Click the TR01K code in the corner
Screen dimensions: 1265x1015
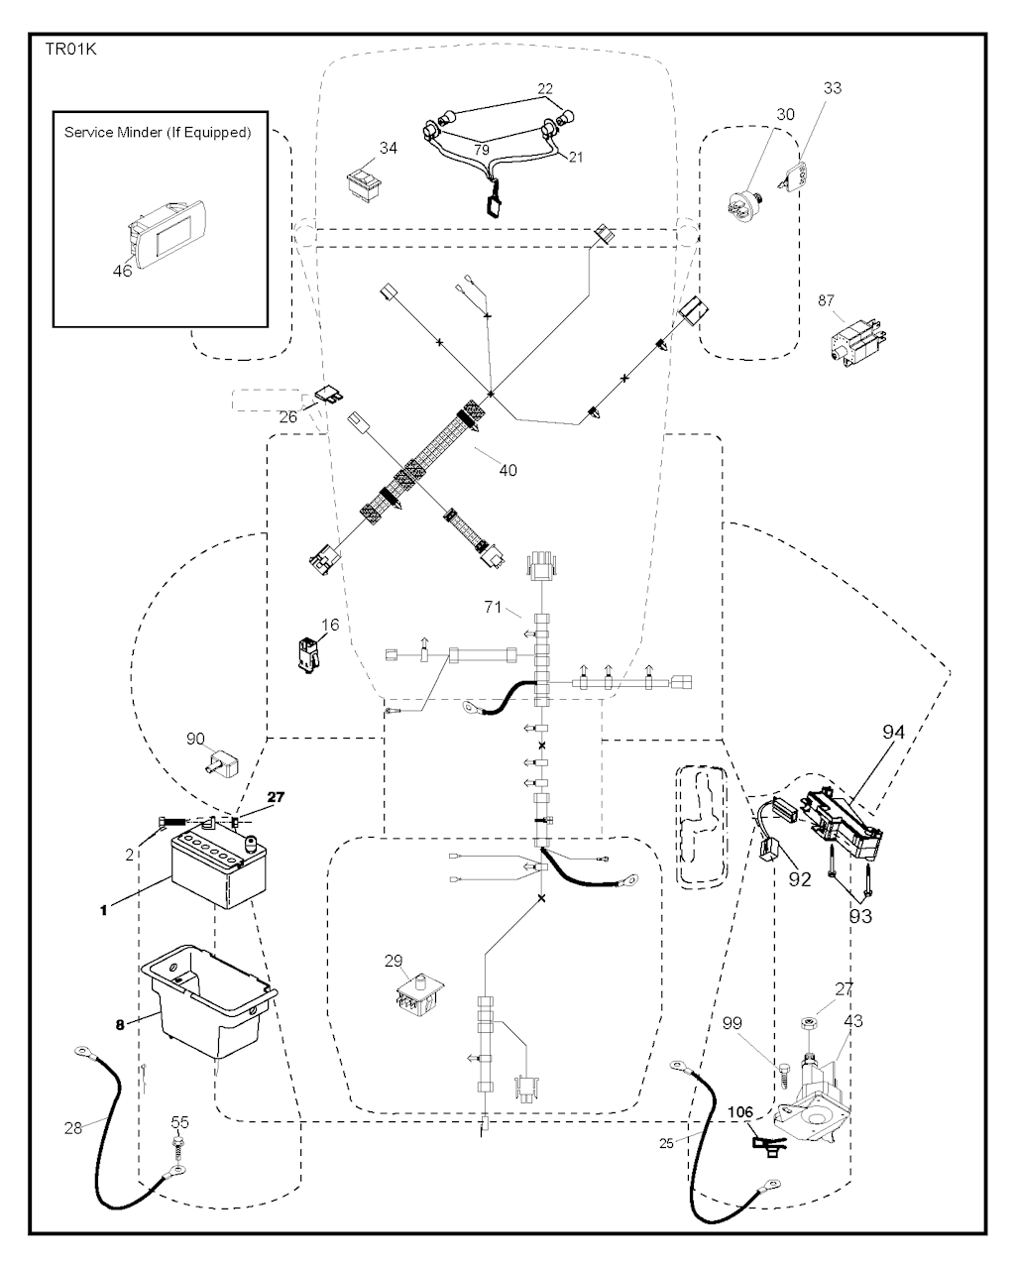(x=67, y=48)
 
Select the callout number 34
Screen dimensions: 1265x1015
(x=389, y=148)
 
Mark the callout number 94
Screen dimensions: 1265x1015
(x=894, y=733)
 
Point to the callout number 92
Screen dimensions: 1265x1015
(x=799, y=877)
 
